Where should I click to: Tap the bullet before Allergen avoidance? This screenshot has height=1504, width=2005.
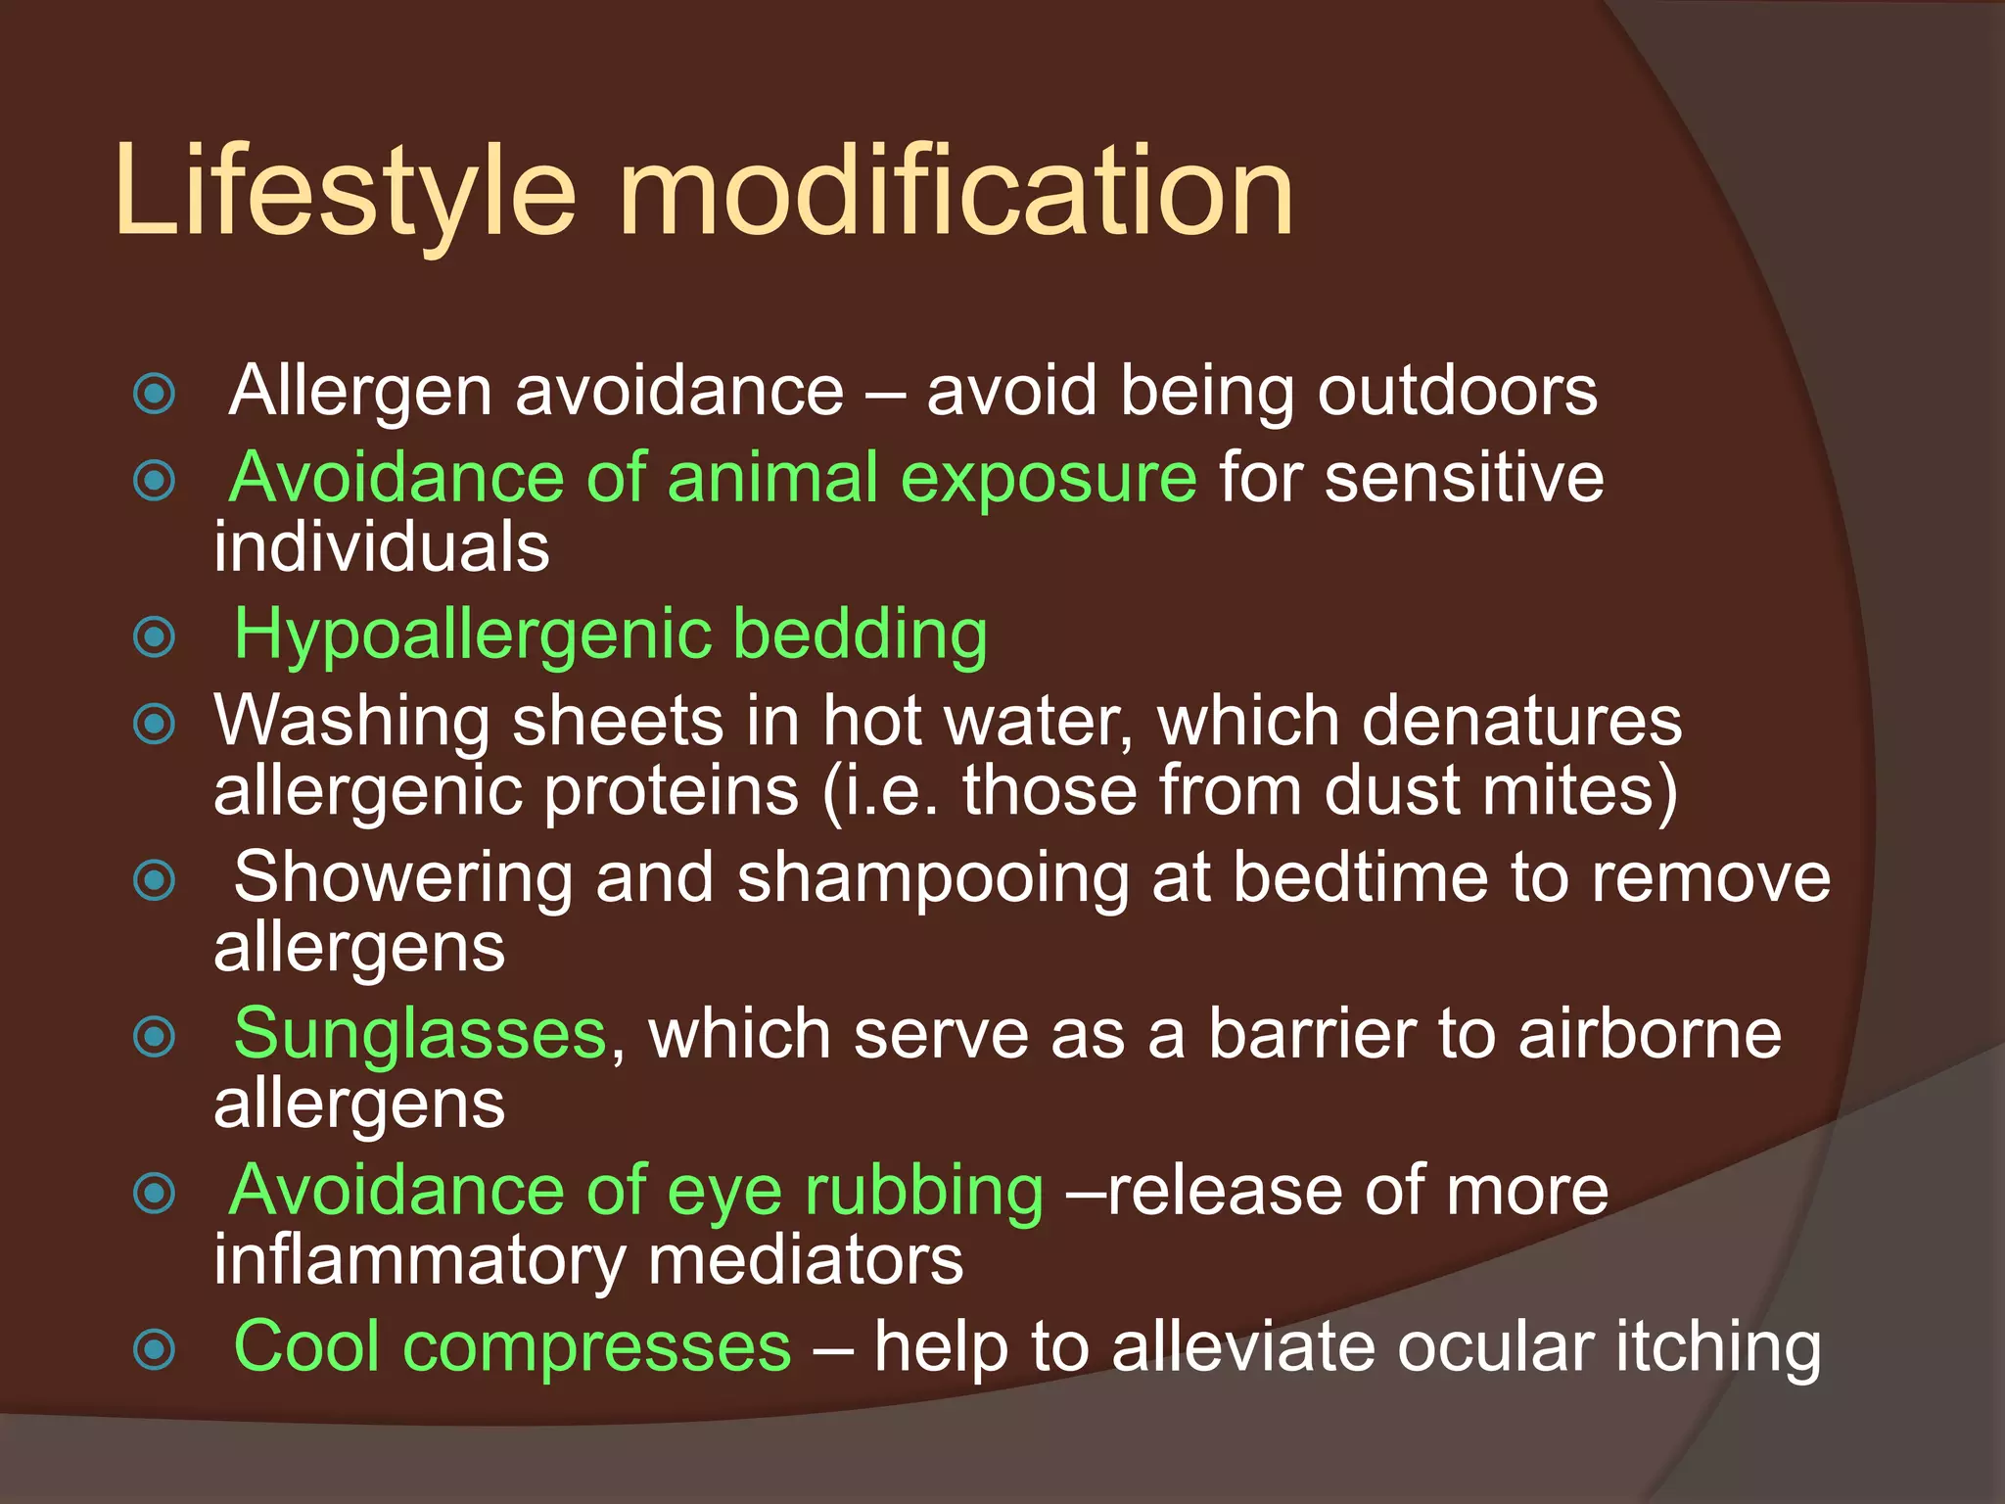pos(155,394)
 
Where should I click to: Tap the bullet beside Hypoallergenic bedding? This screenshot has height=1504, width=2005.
pos(155,637)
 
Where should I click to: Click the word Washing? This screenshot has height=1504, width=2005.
pos(351,723)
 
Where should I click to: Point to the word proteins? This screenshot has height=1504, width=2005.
pos(672,791)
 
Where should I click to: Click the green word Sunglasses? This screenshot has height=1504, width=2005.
pos(420,1034)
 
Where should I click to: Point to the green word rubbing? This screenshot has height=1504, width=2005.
pos(924,1191)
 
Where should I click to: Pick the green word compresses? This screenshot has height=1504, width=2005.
pos(596,1347)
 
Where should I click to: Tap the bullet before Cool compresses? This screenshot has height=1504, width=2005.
pos(155,1349)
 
